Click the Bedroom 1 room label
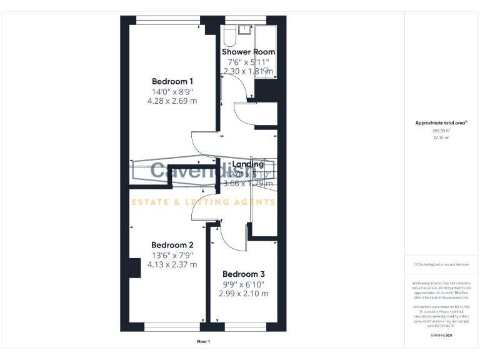coord(172,81)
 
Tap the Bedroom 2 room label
coord(172,245)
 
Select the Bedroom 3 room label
coord(244,274)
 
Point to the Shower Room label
coord(248,52)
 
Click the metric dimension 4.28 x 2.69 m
coord(172,101)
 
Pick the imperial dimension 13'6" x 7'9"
coord(172,255)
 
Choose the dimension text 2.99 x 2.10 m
coord(244,294)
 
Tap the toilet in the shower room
coord(229,36)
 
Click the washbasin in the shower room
coord(244,29)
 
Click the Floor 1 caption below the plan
coord(203,342)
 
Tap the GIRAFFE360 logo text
coord(442,336)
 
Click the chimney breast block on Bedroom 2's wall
coord(134,267)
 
